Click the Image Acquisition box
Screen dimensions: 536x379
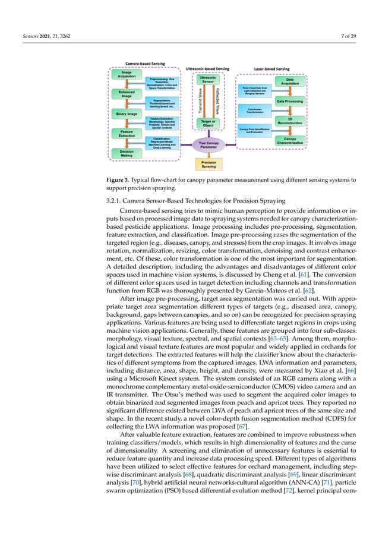[x=127, y=74]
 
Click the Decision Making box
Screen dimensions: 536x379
[x=127, y=153]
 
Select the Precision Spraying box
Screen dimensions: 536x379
[x=209, y=165]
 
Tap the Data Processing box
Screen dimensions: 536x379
[x=289, y=101]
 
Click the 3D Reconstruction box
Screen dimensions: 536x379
[x=289, y=121]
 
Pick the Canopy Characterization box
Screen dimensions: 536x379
[x=289, y=140]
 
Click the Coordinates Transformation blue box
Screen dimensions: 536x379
[x=254, y=110]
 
